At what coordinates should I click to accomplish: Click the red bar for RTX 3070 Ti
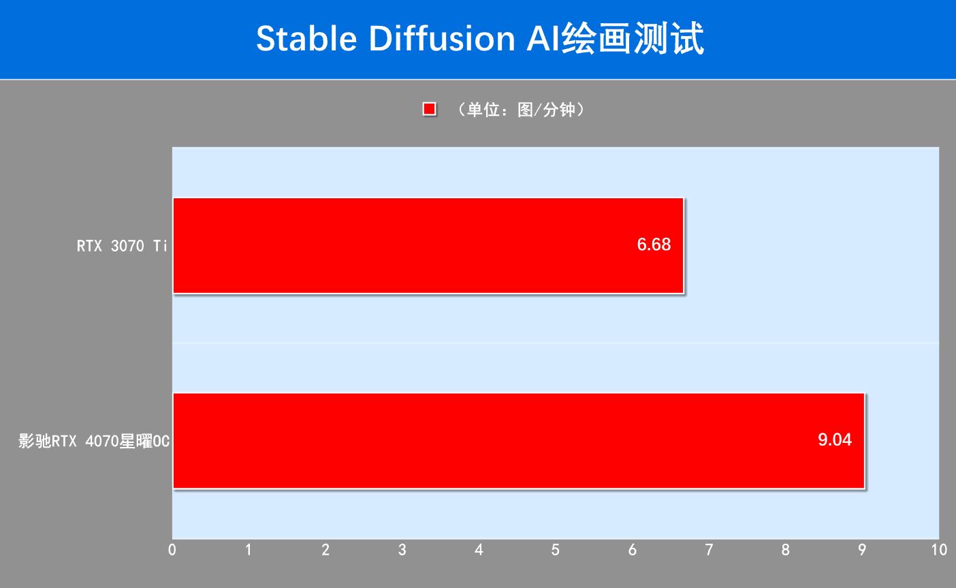point(428,245)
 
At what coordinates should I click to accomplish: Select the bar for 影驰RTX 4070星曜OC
point(518,440)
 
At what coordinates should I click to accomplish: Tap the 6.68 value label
point(654,245)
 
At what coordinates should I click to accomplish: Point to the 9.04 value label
point(835,439)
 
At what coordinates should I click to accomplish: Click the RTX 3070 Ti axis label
point(122,246)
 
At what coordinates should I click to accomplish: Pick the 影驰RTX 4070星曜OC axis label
point(94,442)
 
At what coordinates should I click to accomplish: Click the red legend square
point(429,110)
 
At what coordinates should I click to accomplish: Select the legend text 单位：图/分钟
point(522,110)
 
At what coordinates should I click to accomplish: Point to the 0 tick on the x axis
point(172,549)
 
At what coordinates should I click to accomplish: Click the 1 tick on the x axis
point(249,549)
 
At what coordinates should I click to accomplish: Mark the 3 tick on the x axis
point(402,549)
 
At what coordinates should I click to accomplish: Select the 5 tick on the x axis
point(556,549)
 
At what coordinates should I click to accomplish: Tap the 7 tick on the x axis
point(709,549)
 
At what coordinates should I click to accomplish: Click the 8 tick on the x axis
point(786,549)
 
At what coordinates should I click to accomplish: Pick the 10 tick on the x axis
point(938,549)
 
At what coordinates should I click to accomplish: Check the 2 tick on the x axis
point(325,549)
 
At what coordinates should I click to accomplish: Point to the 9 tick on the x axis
point(862,549)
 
